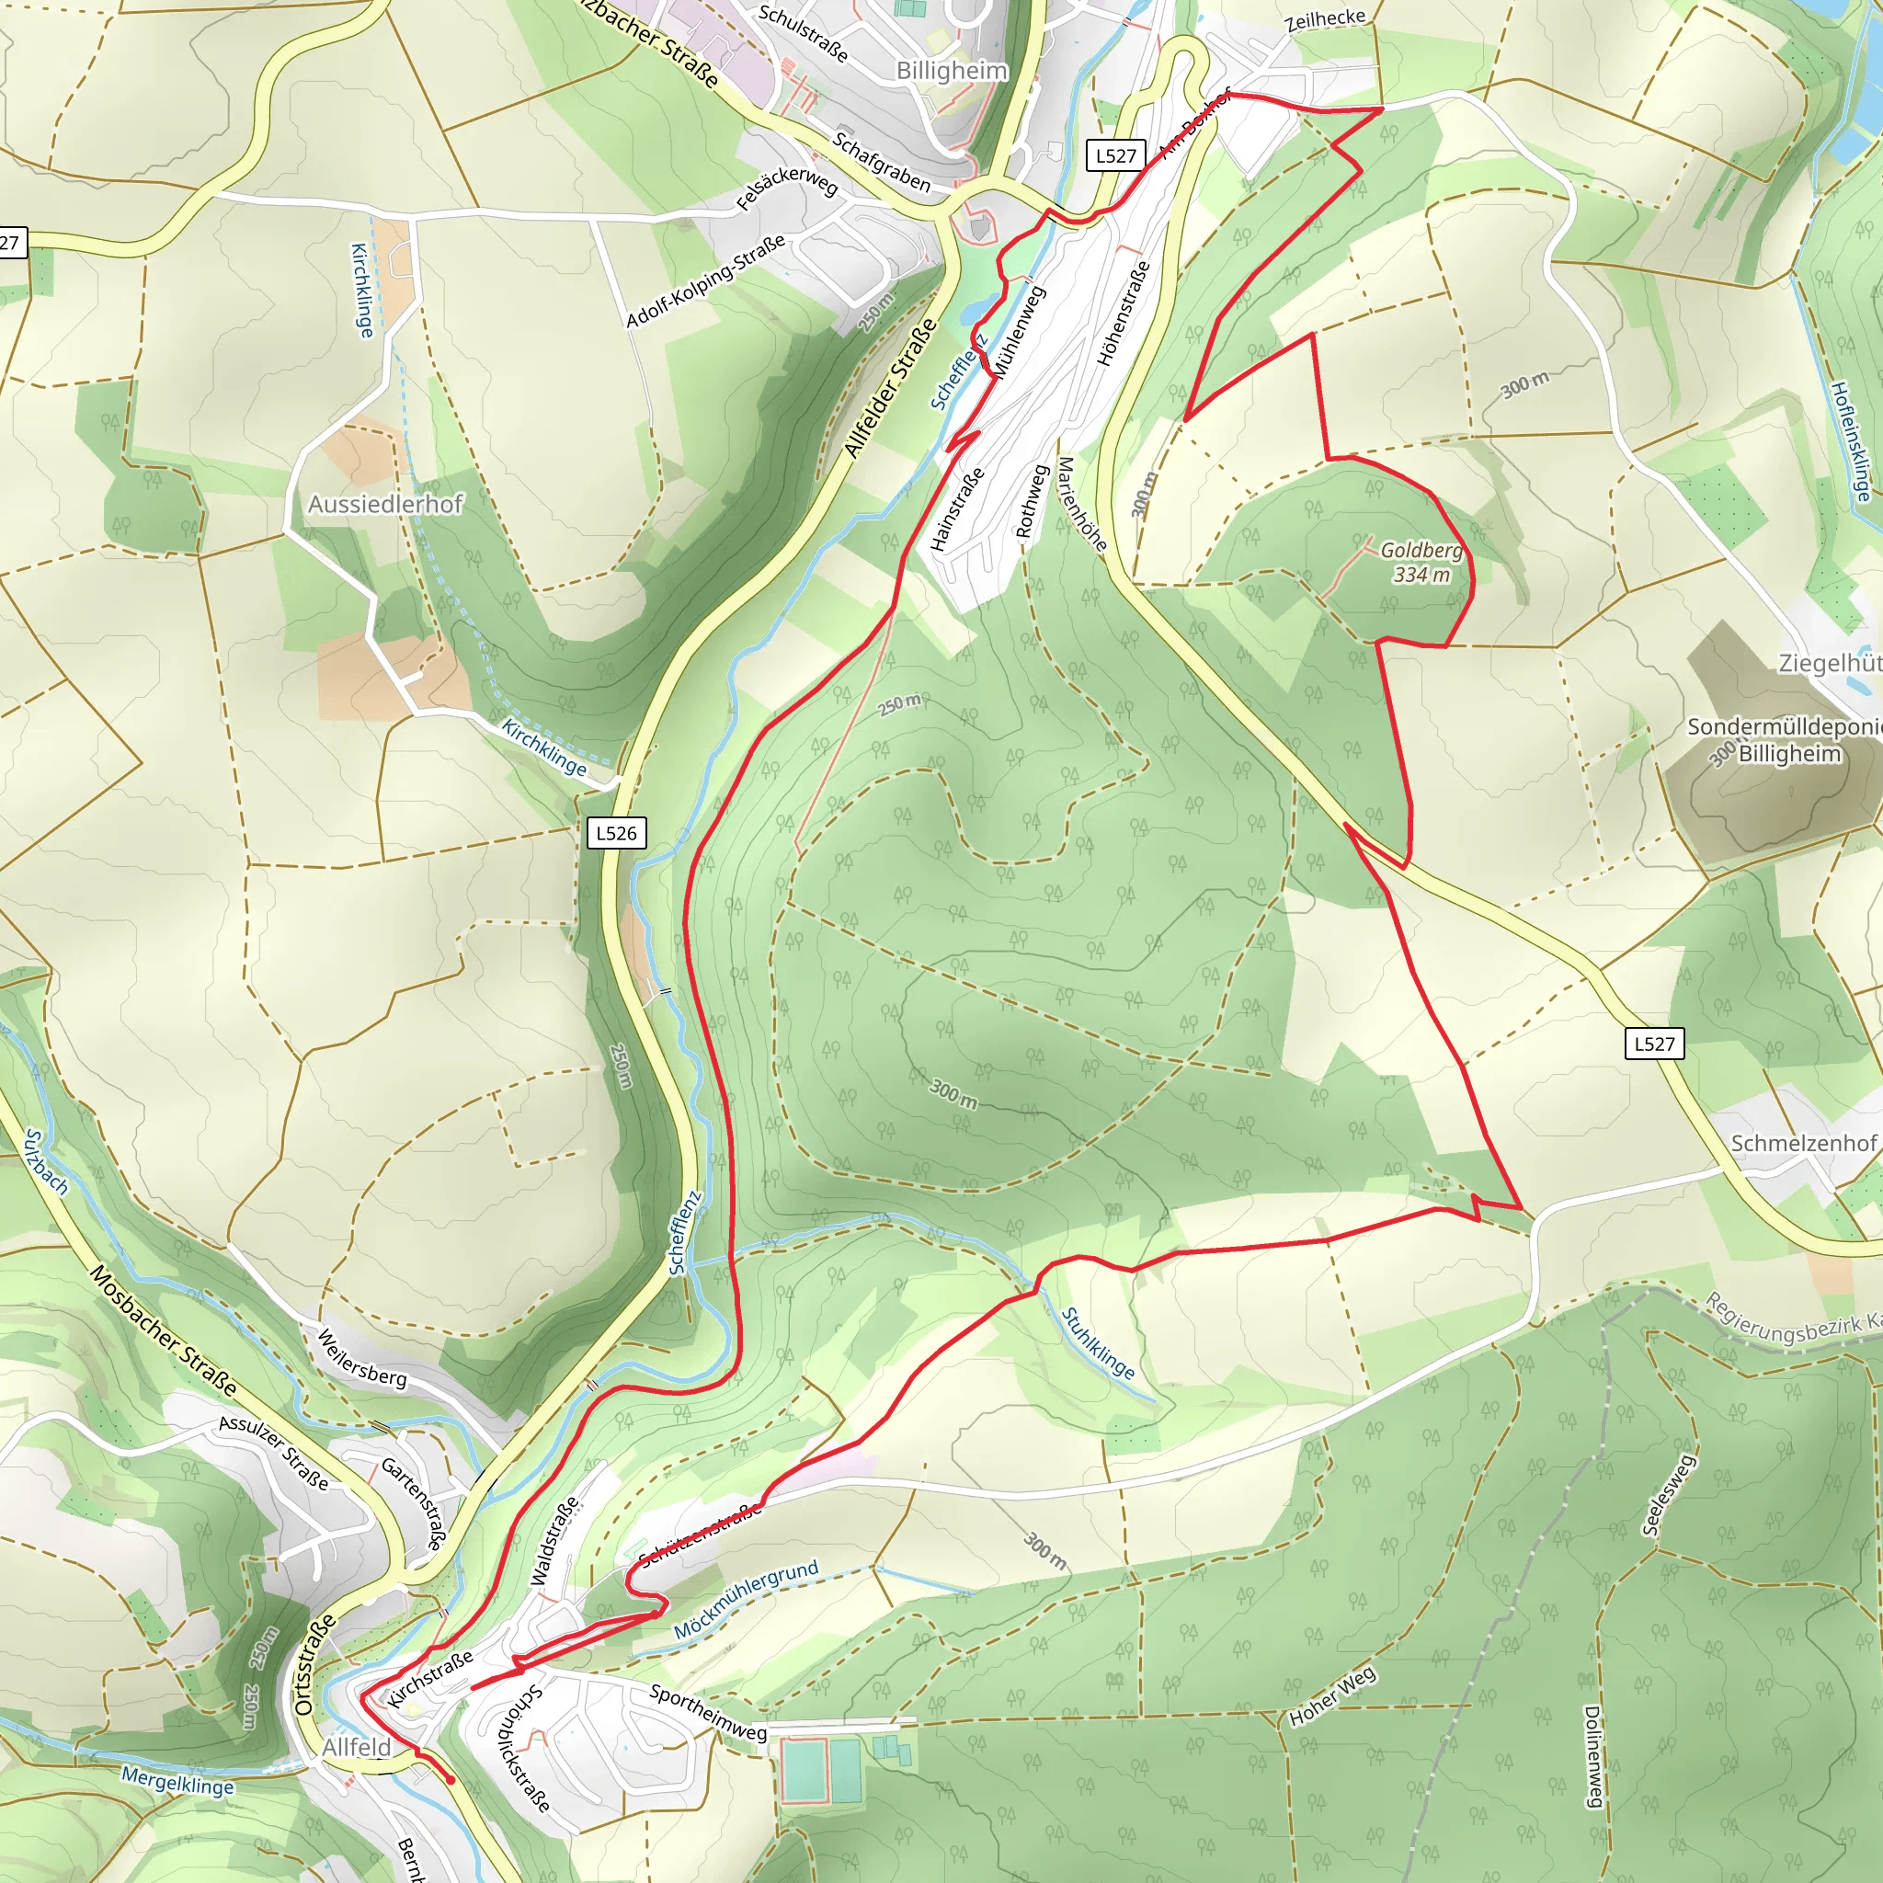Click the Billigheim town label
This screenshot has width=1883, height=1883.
952,70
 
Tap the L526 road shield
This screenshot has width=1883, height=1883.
617,833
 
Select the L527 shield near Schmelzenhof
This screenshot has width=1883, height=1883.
1654,1044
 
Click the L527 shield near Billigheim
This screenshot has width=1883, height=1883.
1115,156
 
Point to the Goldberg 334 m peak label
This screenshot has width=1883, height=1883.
1421,563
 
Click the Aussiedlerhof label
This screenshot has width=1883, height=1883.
385,504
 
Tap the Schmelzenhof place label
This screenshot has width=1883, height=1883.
1803,1143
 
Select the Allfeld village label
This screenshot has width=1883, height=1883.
356,1748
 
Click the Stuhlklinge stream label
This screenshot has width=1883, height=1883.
1098,1344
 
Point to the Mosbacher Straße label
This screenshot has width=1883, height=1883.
163,1330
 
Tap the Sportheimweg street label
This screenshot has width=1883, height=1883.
708,1712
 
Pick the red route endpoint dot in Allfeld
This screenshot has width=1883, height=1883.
451,1781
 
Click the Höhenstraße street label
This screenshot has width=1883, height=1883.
1124,314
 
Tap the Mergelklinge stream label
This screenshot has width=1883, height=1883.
177,1781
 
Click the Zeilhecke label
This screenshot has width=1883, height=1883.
1325,19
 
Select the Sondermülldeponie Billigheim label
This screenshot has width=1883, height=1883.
1784,741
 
